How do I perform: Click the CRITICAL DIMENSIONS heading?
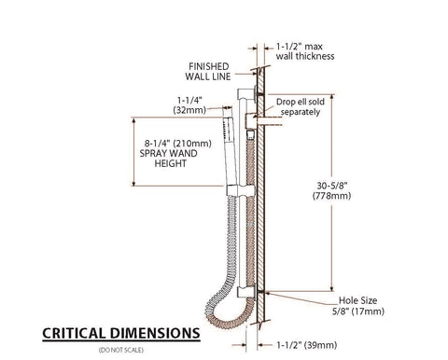pyautogui.click(x=121, y=333)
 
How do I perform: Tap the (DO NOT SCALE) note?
pyautogui.click(x=121, y=350)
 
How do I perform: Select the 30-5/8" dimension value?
pyautogui.click(x=332, y=186)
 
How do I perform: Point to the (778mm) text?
pyautogui.click(x=331, y=196)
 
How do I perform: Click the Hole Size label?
pyautogui.click(x=357, y=300)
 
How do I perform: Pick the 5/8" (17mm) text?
pyautogui.click(x=358, y=312)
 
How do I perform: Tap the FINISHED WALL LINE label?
pyautogui.click(x=208, y=72)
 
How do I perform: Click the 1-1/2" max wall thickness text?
pyautogui.click(x=305, y=51)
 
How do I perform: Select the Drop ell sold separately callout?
pyautogui.click(x=301, y=107)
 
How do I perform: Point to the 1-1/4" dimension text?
pyautogui.click(x=189, y=100)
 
